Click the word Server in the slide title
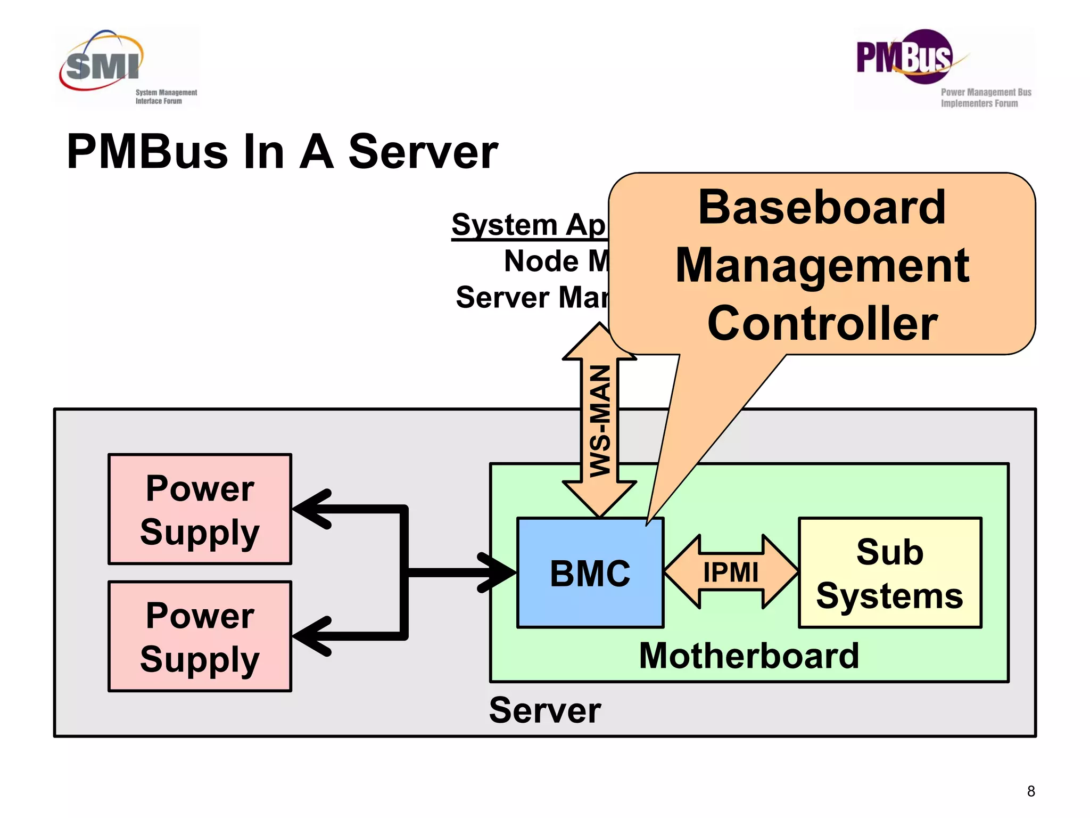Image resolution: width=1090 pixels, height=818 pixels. pos(423,152)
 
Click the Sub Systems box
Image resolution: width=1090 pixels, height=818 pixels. pos(889,573)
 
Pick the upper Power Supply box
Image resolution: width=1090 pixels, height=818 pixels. pos(200,509)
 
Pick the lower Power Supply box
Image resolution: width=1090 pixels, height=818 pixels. pos(200,636)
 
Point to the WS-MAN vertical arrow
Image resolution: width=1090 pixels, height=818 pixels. pos(599,421)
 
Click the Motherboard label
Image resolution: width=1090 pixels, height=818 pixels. pos(749,656)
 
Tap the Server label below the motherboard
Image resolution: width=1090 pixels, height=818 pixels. pos(544,710)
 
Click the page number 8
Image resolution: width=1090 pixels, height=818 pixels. pos(1030,791)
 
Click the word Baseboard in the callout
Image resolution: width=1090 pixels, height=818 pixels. pos(822,208)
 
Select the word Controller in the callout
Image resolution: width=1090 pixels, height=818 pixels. pos(822,324)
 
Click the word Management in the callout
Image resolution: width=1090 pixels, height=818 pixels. pos(822,266)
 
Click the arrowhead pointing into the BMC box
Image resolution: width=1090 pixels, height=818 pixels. pos(498,573)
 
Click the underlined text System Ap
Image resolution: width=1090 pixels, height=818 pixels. pos(528,225)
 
